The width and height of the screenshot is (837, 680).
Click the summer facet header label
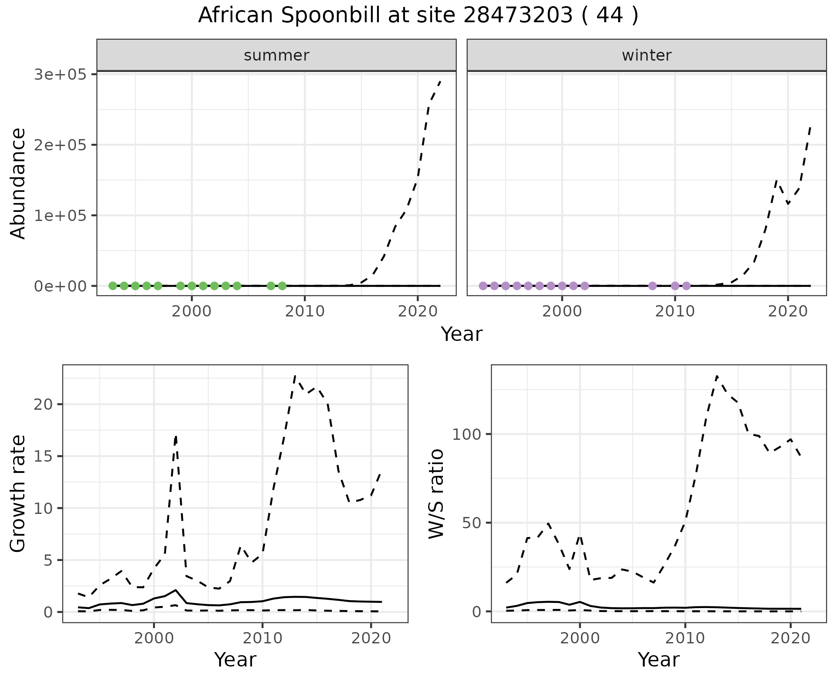[276, 55]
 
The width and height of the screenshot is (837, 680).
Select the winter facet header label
[646, 55]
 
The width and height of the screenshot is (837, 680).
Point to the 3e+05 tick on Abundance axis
[62, 75]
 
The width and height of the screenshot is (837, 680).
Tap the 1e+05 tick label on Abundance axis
[62, 215]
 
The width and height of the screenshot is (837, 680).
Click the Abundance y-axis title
[18, 183]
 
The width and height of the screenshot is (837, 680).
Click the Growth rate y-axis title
[18, 493]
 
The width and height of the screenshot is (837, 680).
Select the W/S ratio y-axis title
[436, 493]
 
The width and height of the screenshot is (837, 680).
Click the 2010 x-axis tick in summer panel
[305, 311]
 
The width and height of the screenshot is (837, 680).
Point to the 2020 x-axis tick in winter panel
[788, 311]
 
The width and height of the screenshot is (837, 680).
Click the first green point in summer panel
[112, 286]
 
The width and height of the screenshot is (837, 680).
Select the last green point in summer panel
[282, 286]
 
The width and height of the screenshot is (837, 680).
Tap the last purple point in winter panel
[686, 286]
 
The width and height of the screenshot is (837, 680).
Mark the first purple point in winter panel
[483, 286]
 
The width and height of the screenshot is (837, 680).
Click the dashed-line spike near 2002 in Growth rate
[176, 436]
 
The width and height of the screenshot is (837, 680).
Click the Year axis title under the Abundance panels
[461, 334]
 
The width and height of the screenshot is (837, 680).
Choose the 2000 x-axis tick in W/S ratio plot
[579, 638]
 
